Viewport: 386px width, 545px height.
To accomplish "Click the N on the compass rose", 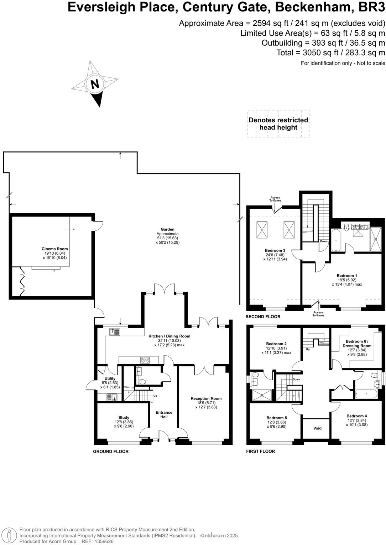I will tap(95, 85).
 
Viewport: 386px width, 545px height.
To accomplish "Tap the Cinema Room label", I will tap(54, 249).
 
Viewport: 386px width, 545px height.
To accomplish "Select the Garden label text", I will tap(167, 229).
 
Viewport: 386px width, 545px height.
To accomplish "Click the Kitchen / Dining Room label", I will tap(169, 336).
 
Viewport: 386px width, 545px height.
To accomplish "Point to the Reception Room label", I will tap(206, 398).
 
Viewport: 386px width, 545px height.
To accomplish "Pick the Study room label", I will tap(124, 417).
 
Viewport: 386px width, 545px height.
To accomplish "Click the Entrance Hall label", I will tap(164, 414).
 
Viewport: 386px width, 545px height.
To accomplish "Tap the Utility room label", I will tap(110, 378).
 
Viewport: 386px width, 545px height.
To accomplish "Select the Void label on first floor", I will tap(317, 428).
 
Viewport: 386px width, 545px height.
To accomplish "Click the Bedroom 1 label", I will tap(346, 276).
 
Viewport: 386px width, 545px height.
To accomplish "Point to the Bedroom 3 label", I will tap(275, 250).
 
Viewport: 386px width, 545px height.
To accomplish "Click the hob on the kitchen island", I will tap(145, 360).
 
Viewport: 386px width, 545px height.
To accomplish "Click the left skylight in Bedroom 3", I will tap(262, 230).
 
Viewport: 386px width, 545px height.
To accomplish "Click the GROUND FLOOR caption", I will tap(111, 451).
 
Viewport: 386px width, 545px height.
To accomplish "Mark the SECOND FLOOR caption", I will tap(263, 316).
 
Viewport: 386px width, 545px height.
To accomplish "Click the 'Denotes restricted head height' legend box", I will tap(278, 124).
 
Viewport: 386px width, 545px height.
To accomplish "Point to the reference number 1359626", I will tap(103, 541).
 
